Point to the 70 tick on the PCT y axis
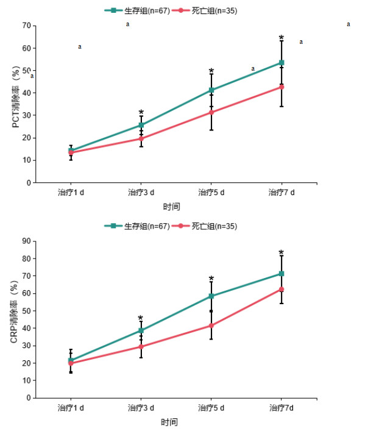[26, 26]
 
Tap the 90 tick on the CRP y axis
[26, 241]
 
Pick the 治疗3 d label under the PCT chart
[141, 193]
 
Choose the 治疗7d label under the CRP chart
[281, 407]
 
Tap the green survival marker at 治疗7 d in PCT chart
[281, 63]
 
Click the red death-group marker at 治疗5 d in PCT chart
[211, 112]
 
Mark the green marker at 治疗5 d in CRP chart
[211, 296]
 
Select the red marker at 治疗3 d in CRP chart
[141, 346]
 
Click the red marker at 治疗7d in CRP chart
[281, 289]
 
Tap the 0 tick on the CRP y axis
[28, 398]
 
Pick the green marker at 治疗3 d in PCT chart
[141, 125]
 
